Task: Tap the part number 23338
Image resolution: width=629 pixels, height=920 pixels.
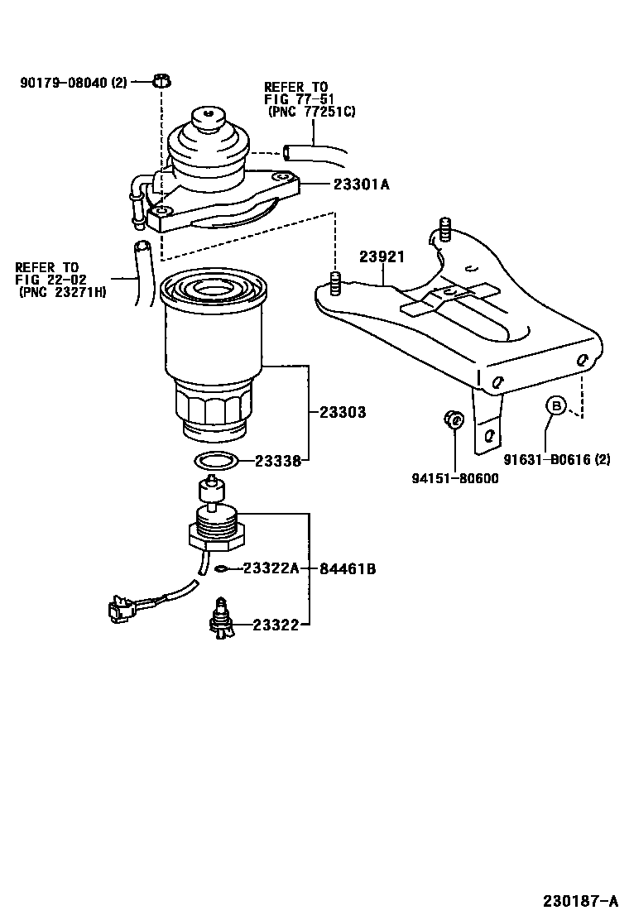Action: click(x=276, y=462)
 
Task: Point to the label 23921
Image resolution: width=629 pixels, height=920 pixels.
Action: click(x=382, y=257)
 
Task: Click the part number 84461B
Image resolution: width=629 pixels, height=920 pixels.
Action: click(x=348, y=569)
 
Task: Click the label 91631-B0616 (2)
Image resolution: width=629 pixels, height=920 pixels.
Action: click(x=557, y=460)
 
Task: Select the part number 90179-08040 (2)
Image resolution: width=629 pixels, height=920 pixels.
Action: click(x=73, y=82)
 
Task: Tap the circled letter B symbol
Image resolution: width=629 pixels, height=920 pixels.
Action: click(x=557, y=405)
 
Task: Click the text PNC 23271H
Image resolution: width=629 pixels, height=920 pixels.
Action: click(x=62, y=292)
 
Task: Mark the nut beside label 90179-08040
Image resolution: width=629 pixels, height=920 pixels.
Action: click(x=162, y=81)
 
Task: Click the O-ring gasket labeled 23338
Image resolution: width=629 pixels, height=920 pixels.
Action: click(x=217, y=460)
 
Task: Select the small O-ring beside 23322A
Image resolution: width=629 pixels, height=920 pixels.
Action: click(x=221, y=569)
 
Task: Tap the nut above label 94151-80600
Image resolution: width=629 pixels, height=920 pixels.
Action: click(x=452, y=419)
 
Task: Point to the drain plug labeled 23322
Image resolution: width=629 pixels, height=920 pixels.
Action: click(x=223, y=621)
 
